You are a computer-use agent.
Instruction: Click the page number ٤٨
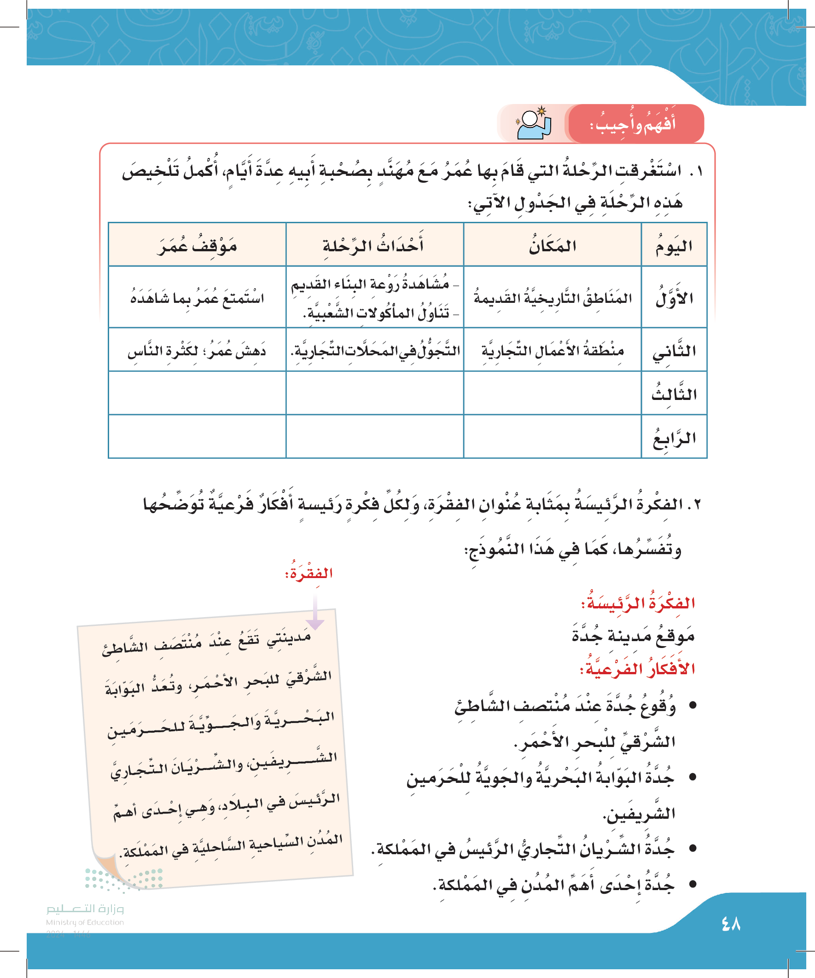coord(731,924)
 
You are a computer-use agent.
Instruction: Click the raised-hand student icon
coord(534,124)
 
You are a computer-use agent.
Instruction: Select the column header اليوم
coord(674,245)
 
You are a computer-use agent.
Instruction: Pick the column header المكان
coord(552,245)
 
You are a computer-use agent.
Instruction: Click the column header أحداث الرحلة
coord(374,245)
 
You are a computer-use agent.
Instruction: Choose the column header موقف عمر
coord(197,245)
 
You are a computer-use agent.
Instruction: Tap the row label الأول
coord(674,298)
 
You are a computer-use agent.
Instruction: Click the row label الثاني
coord(674,350)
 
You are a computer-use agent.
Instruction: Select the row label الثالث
coord(674,394)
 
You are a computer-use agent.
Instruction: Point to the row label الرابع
coord(674,437)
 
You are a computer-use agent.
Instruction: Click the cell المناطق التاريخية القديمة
coord(553,298)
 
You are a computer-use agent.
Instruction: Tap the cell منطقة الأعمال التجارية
coord(553,350)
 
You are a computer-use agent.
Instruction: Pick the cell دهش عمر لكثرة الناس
coord(197,350)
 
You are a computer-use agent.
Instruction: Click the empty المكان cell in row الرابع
coord(552,437)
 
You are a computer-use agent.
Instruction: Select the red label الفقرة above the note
coord(309,573)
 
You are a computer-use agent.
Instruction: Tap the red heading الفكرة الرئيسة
coord(637,603)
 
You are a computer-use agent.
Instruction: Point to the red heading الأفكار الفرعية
coord(637,669)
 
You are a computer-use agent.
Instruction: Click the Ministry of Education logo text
coord(85,915)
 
